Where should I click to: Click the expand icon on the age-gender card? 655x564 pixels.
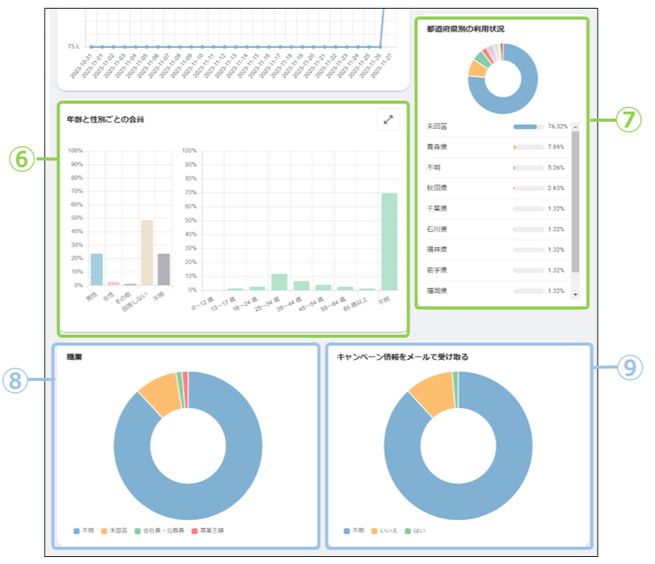click(x=388, y=119)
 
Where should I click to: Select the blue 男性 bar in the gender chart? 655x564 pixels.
click(x=96, y=269)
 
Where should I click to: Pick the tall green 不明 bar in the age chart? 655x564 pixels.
click(x=389, y=240)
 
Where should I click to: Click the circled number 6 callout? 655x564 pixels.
click(x=23, y=159)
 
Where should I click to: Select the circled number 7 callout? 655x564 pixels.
click(x=628, y=119)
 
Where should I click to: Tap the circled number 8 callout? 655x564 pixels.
click(x=16, y=380)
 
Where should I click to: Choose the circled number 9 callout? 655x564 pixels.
click(x=630, y=368)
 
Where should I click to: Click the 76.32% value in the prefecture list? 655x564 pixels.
click(x=557, y=126)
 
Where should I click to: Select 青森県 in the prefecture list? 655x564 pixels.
click(x=438, y=147)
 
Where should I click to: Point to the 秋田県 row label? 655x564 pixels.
click(x=438, y=188)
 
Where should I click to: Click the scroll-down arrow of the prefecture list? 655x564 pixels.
click(x=575, y=295)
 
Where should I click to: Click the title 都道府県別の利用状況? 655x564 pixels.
click(x=465, y=29)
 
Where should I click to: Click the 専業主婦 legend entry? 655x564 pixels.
click(x=210, y=531)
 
